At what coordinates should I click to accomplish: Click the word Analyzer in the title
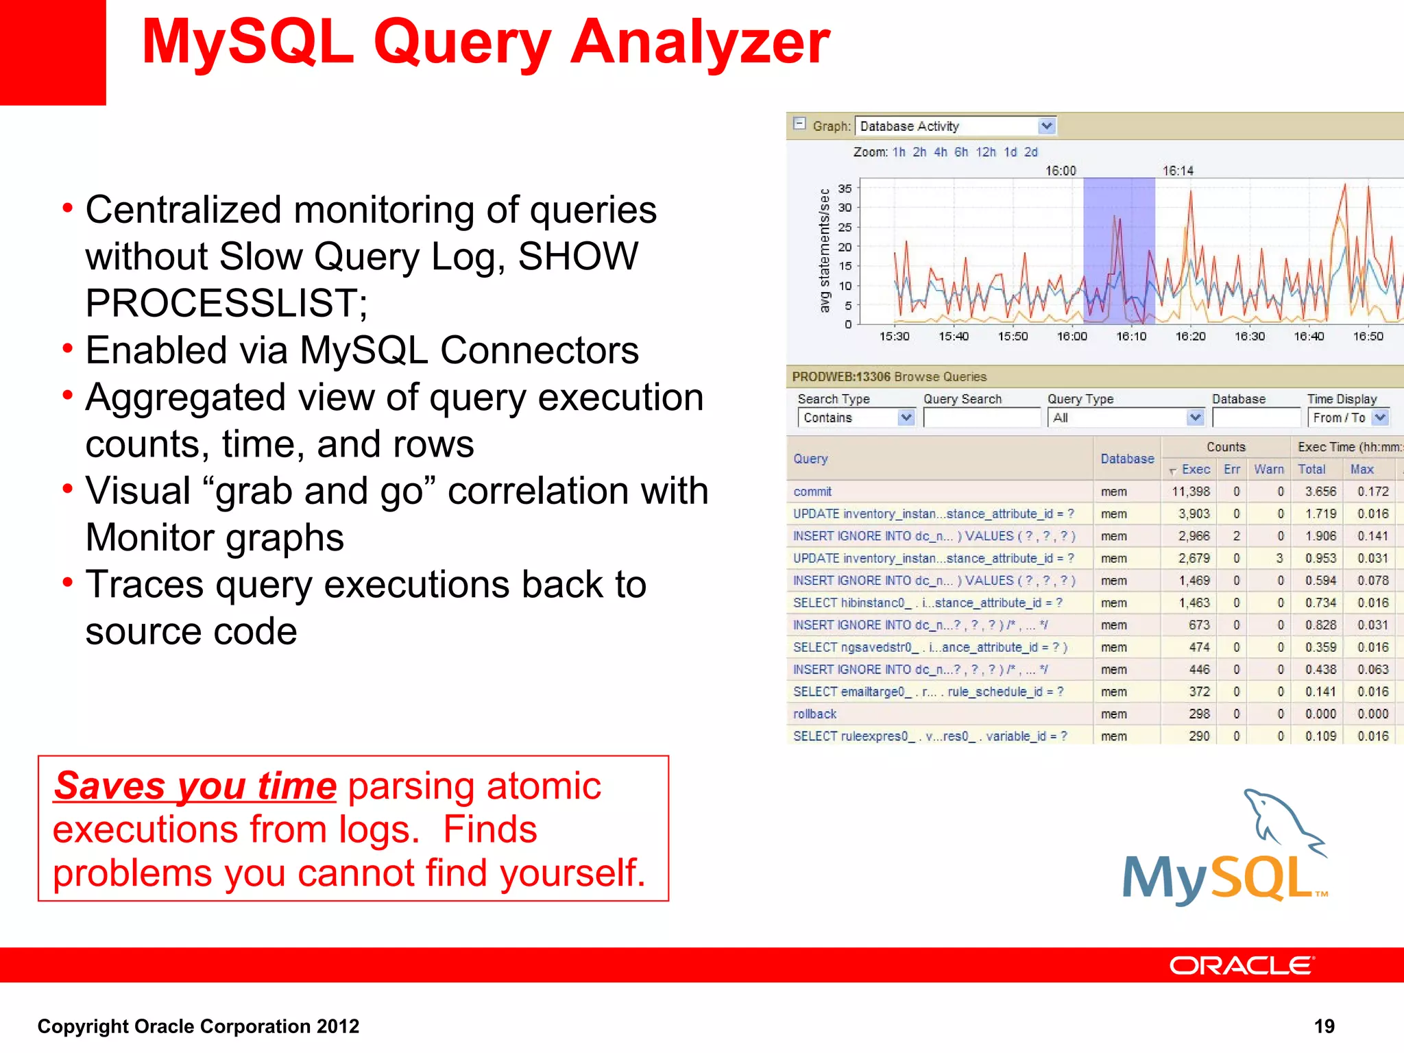700,43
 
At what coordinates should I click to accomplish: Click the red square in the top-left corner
52,51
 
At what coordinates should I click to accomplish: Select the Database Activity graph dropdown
956,126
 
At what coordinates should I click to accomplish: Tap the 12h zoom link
986,152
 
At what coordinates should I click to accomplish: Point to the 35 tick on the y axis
845,188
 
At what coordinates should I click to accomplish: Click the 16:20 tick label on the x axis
1190,337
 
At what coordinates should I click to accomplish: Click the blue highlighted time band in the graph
1119,250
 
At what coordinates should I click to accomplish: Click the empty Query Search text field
981,417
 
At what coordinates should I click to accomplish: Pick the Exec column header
1196,470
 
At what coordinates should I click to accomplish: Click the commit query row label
812,492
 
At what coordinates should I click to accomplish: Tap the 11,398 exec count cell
1191,492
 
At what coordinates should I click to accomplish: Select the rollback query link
814,714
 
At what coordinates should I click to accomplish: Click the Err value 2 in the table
1236,536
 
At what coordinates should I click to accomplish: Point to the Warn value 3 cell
1279,558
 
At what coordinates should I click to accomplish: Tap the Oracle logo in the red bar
1242,965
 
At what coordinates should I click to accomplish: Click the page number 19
1324,1026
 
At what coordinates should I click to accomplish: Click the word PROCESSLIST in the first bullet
226,303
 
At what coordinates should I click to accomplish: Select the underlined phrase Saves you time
195,786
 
